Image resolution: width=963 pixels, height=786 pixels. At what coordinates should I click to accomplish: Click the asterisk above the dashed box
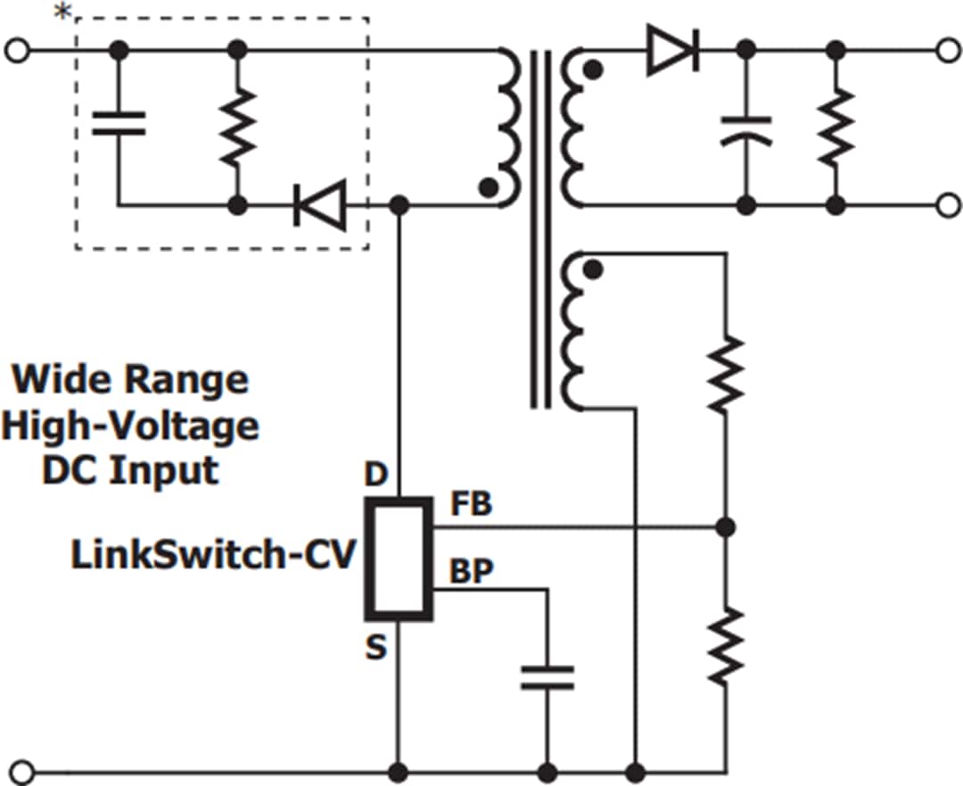[x=62, y=12]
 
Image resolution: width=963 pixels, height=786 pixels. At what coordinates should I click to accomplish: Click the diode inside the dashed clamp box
[x=319, y=205]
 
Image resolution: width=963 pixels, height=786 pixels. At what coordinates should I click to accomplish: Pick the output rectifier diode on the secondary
[x=672, y=50]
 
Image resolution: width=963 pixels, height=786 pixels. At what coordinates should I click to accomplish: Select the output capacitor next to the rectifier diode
[x=747, y=129]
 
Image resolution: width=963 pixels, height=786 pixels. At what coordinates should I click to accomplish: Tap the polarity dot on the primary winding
[x=488, y=187]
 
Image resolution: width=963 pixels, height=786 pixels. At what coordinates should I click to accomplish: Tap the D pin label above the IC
[x=376, y=476]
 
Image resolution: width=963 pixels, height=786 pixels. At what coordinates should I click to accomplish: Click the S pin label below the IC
[x=376, y=648]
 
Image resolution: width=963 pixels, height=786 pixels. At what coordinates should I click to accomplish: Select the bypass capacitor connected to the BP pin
[x=547, y=677]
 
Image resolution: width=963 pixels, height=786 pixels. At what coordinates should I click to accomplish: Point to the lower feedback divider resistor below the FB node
[x=727, y=644]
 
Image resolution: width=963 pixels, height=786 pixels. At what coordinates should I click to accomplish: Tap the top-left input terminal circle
[x=16, y=51]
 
